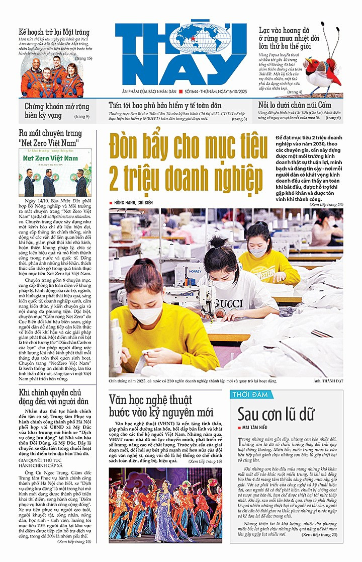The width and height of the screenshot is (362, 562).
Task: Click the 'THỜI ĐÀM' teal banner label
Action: pyautogui.click(x=248, y=394)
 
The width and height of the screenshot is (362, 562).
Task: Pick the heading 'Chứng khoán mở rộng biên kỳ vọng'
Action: pyautogui.click(x=56, y=111)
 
